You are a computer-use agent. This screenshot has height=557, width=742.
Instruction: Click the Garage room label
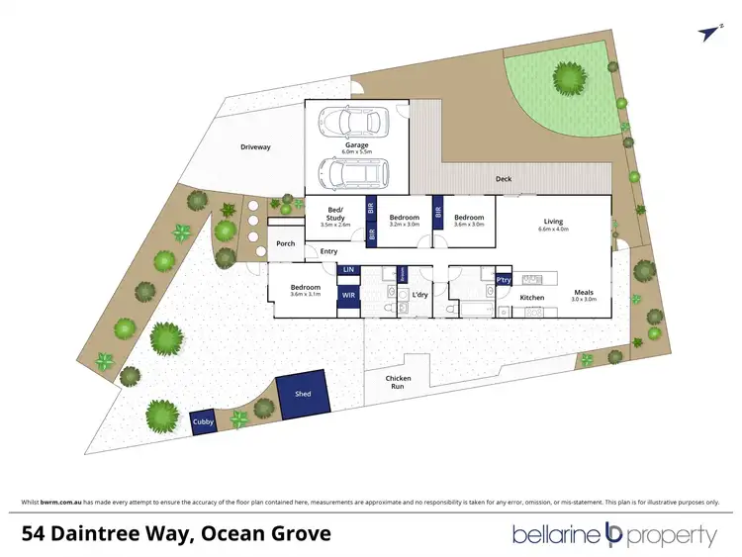tap(357, 145)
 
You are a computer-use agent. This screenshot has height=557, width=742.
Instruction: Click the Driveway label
tap(254, 147)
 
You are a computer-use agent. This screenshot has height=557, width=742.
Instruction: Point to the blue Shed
tap(303, 394)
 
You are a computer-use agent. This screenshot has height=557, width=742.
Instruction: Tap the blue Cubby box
tap(203, 421)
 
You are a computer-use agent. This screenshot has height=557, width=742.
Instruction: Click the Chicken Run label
tap(399, 382)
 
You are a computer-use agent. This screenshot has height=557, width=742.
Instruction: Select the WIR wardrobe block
tap(348, 295)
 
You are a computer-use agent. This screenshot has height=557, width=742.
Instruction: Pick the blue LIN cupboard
tap(347, 269)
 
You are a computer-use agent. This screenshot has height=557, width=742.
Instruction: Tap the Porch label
tap(286, 243)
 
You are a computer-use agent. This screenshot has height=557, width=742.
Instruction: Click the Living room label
tap(553, 222)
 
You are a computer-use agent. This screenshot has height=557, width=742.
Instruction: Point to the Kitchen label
tap(532, 297)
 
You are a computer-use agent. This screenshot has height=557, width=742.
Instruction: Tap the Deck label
tap(504, 179)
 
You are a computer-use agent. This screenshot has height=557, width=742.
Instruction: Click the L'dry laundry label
tap(419, 295)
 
